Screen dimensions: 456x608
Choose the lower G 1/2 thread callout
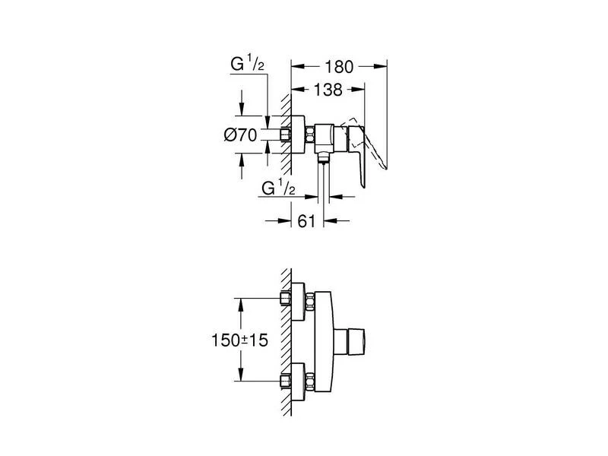click(x=277, y=187)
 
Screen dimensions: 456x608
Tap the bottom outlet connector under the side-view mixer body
click(x=323, y=160)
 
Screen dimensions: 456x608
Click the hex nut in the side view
click(x=310, y=136)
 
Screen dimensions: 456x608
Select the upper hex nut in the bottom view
click(x=311, y=298)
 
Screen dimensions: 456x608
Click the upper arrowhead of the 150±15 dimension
click(x=241, y=302)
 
